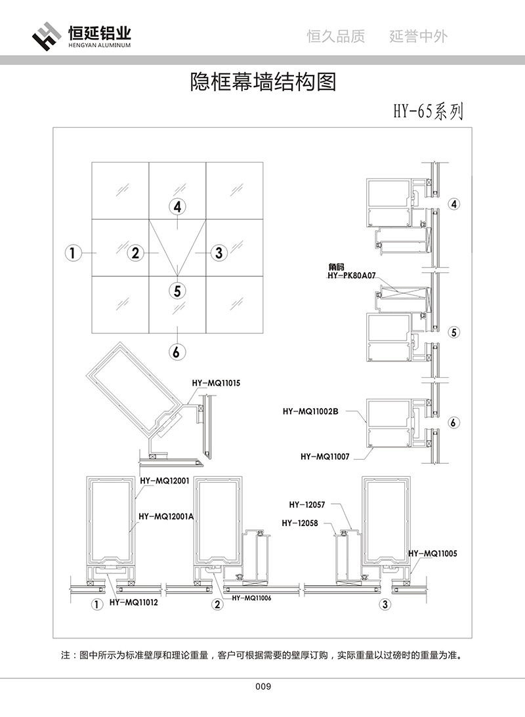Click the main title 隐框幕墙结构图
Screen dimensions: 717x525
[x=262, y=82]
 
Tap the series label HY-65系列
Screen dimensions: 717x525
[x=428, y=112]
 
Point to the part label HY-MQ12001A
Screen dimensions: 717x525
[x=166, y=516]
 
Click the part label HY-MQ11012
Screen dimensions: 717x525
[x=134, y=602]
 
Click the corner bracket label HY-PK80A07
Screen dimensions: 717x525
[x=350, y=276]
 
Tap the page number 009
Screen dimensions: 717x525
[x=262, y=687]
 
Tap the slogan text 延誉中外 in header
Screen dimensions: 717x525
[x=418, y=37]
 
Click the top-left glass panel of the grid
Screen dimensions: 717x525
[x=120, y=190]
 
